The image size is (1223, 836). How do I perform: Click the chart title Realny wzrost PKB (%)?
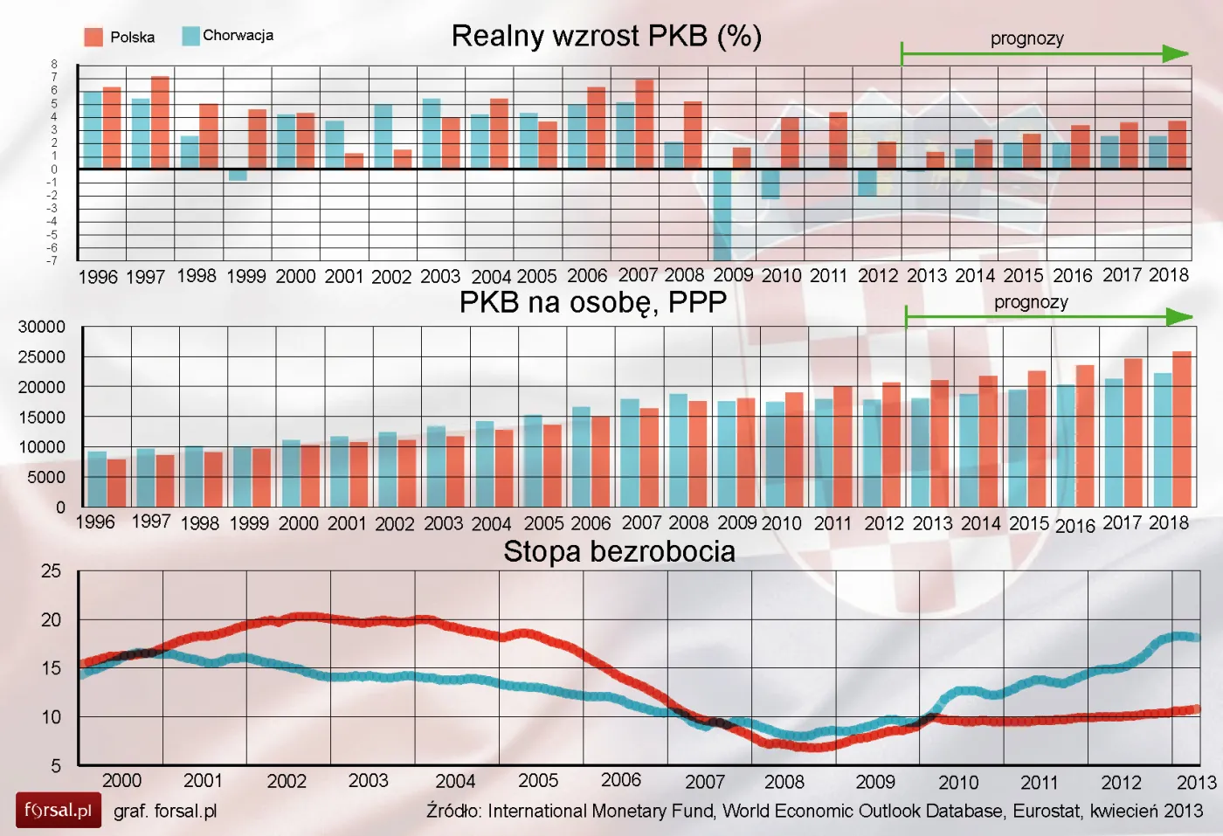pos(606,36)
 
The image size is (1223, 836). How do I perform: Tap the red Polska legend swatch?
pos(93,37)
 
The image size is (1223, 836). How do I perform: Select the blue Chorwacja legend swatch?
pos(190,36)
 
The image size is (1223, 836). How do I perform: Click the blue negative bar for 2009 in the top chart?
pos(722,214)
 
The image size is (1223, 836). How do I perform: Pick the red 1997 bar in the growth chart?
pos(160,122)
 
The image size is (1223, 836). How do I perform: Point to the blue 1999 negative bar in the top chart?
pos(238,175)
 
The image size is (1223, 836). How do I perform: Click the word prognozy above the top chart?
pos(1026,38)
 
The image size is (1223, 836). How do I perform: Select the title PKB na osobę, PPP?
pos(592,302)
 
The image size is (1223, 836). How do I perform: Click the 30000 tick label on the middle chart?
pos(42,327)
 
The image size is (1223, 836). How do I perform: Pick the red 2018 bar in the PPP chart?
pos(1181,428)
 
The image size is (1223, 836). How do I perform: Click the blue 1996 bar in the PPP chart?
pos(97,479)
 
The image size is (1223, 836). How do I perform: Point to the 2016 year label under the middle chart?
pos(1074,526)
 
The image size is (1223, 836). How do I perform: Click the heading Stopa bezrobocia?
pos(618,552)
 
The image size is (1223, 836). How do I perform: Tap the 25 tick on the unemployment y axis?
pos(51,571)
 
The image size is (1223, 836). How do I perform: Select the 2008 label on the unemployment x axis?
pos(784,782)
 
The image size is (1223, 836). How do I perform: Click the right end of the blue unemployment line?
pos(1196,637)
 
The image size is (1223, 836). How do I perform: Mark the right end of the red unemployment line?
pos(1196,709)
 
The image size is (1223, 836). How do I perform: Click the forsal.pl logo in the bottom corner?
pos(58,810)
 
